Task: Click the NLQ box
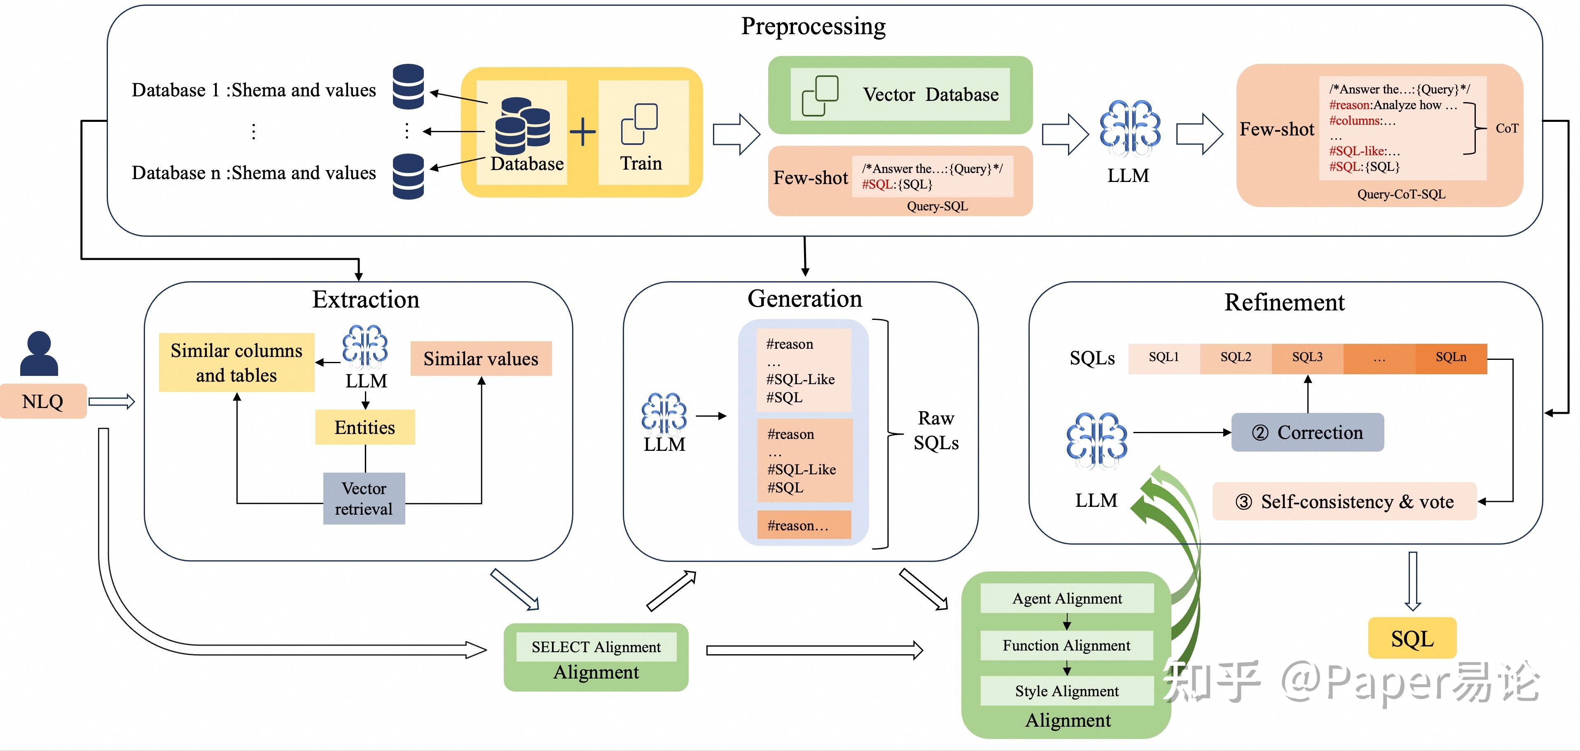43,401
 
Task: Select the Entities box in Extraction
365,427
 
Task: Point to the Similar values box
481,359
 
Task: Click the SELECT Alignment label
596,647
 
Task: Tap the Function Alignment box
1067,646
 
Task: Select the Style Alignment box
1067,691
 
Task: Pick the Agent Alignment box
1067,598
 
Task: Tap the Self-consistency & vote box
1344,501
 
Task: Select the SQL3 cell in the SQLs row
1307,357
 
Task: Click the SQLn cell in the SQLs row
1451,357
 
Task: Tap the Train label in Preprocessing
641,163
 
